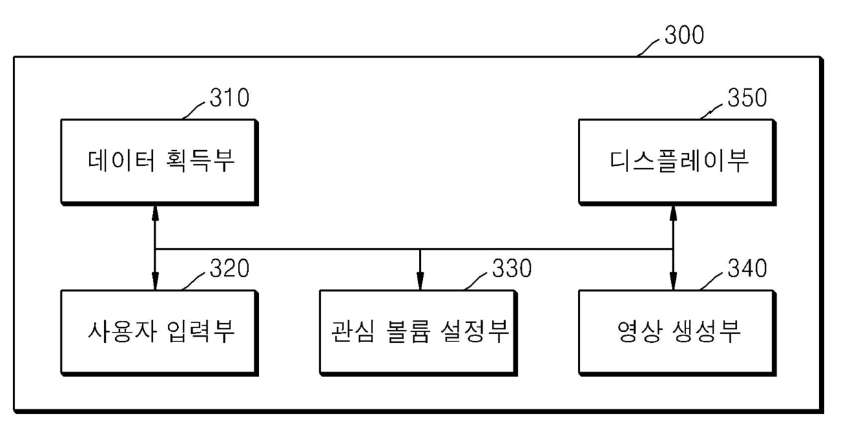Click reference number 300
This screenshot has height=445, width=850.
coord(684,35)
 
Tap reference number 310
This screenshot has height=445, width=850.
coord(229,97)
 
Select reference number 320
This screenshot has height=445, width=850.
coord(229,269)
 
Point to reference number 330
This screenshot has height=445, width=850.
coord(511,269)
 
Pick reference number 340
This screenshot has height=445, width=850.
coord(746,269)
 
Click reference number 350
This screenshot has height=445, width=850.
coord(746,97)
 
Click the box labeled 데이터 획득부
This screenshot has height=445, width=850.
coord(160,163)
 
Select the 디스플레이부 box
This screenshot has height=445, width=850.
coord(677,163)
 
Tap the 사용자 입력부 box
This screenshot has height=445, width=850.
coord(160,333)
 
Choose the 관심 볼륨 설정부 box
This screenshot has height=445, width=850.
coord(419,333)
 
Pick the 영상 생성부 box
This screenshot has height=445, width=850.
coord(677,333)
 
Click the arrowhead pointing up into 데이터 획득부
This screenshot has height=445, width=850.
coord(155,213)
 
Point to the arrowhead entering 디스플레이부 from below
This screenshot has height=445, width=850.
coord(673,213)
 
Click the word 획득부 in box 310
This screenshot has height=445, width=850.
coord(200,161)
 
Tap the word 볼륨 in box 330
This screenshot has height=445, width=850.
coord(409,331)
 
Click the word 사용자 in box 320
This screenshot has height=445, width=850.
coord(122,331)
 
